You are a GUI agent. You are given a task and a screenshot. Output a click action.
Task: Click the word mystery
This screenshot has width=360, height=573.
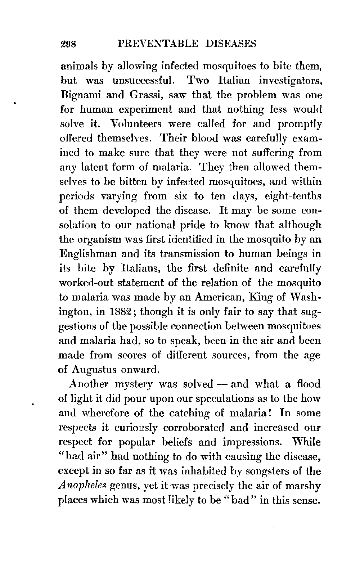[x=135, y=384]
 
